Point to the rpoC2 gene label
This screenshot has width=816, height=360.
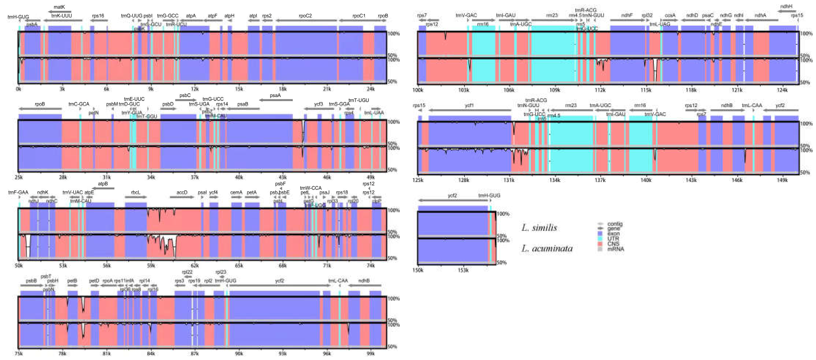point(305,16)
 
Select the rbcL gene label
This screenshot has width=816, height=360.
point(135,192)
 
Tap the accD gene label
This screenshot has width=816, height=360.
point(182,192)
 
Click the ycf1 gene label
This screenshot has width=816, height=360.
point(469,105)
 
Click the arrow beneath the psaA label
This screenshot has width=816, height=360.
point(276,100)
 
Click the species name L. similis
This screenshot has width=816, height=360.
point(539,228)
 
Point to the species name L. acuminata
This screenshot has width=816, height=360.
point(547,248)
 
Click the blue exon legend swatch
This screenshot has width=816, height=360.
point(600,234)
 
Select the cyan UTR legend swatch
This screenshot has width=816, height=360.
point(600,239)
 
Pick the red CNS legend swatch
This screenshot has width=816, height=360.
point(600,244)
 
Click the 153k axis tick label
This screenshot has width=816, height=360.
point(463,270)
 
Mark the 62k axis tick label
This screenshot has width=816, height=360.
point(195,266)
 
